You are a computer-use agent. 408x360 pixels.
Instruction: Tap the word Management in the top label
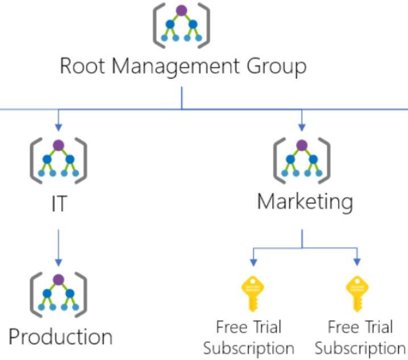(x=176, y=67)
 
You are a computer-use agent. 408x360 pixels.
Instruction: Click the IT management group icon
(x=58, y=160)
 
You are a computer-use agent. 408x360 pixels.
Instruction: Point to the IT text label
(x=58, y=204)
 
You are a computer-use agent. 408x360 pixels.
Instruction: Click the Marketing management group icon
(x=302, y=160)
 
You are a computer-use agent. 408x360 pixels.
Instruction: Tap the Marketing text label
(x=305, y=202)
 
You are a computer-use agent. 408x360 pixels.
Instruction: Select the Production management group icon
(x=58, y=294)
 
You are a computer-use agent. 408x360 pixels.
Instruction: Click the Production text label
(x=60, y=337)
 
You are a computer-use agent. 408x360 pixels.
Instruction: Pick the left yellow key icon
(x=251, y=294)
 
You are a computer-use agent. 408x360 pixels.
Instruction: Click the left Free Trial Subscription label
(x=249, y=337)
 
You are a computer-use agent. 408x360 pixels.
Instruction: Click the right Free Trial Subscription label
(x=360, y=337)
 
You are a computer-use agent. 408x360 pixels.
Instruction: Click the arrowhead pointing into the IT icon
(x=58, y=127)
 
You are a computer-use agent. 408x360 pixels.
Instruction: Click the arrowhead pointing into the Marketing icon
(x=302, y=127)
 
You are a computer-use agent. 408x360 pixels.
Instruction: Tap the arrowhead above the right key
(x=357, y=262)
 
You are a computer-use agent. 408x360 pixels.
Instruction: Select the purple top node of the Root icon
(x=181, y=10)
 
